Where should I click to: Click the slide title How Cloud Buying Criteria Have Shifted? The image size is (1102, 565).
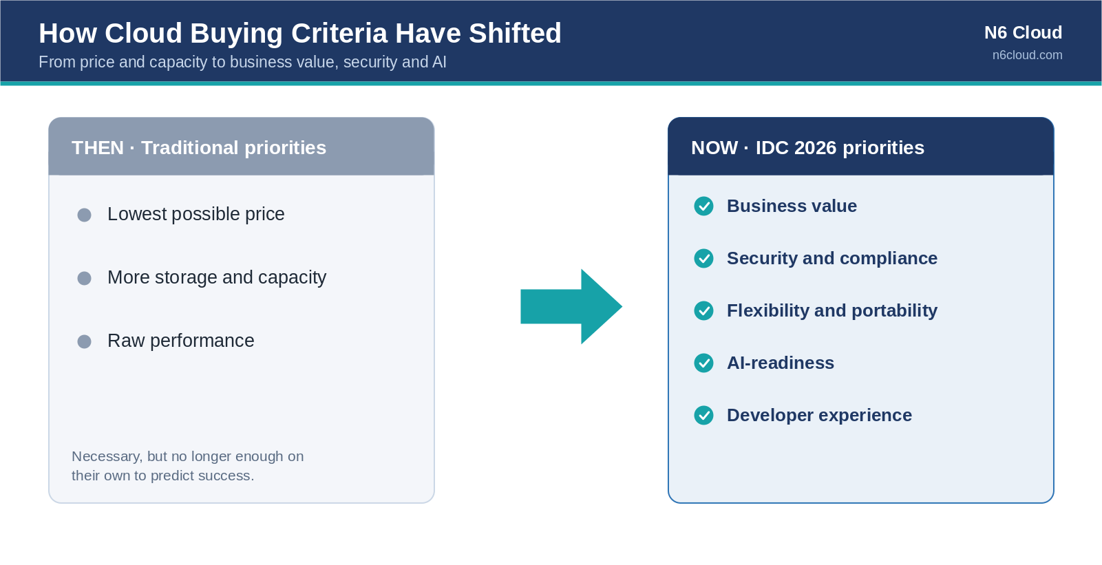pos(300,34)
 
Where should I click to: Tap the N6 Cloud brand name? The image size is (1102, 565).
pos(1024,32)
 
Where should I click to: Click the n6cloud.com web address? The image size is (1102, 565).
pos(1027,55)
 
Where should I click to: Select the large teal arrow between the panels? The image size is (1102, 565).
pos(571,306)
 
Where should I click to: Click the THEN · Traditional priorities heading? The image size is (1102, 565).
pos(199,147)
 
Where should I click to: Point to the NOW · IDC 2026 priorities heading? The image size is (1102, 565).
pos(808,147)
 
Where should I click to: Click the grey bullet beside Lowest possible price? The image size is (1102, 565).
pos(84,215)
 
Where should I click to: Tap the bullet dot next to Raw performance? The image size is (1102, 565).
pos(84,341)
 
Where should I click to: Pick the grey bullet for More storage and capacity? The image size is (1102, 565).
pos(84,278)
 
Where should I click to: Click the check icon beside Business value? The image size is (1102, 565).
pos(703,206)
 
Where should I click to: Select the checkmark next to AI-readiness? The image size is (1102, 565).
pos(703,363)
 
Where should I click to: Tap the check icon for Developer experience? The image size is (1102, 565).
pos(703,416)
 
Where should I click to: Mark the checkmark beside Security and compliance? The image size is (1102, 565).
pos(703,259)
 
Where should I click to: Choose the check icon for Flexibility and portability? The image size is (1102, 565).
pos(703,311)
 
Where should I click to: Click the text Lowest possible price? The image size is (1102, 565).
pos(195,215)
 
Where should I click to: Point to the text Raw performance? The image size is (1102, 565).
pos(181,341)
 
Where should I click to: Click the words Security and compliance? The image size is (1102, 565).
pos(832,259)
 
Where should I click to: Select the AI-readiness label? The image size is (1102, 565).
pos(781,363)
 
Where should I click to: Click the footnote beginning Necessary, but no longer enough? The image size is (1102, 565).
pos(187,466)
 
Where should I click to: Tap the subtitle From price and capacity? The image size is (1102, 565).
pos(242,62)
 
